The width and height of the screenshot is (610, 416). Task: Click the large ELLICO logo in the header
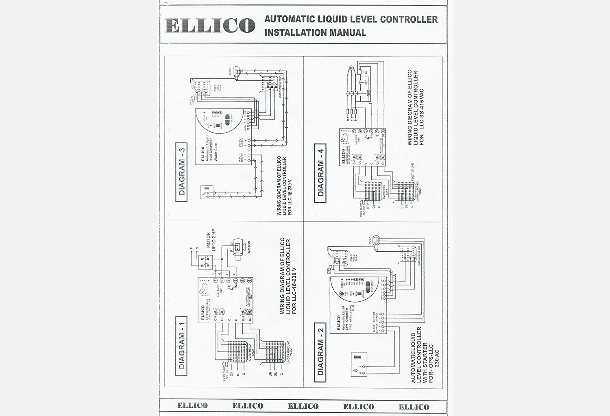point(210,25)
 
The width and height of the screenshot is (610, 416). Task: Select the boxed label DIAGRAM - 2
point(321,352)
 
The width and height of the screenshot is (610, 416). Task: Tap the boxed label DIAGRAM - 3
point(181,172)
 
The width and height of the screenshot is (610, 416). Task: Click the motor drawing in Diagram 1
point(238,245)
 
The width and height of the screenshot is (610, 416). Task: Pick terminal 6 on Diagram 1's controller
point(249,281)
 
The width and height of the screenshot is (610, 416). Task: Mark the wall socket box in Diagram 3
point(207,192)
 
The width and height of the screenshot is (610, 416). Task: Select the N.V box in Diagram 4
point(368,93)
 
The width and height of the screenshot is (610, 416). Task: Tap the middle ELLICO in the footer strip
point(303,406)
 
